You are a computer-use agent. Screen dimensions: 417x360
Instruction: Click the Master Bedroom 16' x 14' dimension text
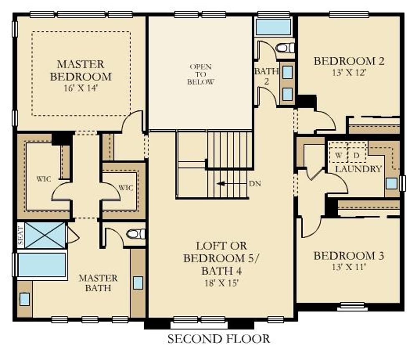click(81, 88)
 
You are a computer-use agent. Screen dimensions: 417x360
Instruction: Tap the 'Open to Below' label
click(201, 74)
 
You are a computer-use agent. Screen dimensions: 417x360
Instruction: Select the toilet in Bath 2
click(285, 48)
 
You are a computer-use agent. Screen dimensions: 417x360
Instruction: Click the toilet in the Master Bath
click(136, 234)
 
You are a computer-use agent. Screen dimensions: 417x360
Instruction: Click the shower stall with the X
click(45, 235)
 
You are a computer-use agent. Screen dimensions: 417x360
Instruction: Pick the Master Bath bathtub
click(42, 265)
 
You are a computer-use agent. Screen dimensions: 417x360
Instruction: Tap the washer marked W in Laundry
click(338, 155)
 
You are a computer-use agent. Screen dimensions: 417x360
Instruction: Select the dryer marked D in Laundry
click(357, 155)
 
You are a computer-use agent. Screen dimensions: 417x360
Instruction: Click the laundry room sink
click(392, 184)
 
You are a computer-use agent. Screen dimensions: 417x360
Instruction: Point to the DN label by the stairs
click(255, 184)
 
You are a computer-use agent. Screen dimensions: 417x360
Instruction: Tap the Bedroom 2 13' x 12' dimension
click(349, 73)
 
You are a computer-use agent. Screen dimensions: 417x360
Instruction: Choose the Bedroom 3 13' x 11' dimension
click(348, 267)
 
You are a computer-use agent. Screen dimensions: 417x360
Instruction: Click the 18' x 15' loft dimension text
click(221, 283)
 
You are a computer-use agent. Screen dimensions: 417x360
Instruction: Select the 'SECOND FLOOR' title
click(219, 339)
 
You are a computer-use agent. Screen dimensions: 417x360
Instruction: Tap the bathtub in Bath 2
click(274, 27)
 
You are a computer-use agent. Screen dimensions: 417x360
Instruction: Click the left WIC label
click(44, 179)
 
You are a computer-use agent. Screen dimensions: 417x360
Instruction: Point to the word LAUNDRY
click(359, 169)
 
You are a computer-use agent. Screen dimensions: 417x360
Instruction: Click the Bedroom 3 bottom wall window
click(352, 307)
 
